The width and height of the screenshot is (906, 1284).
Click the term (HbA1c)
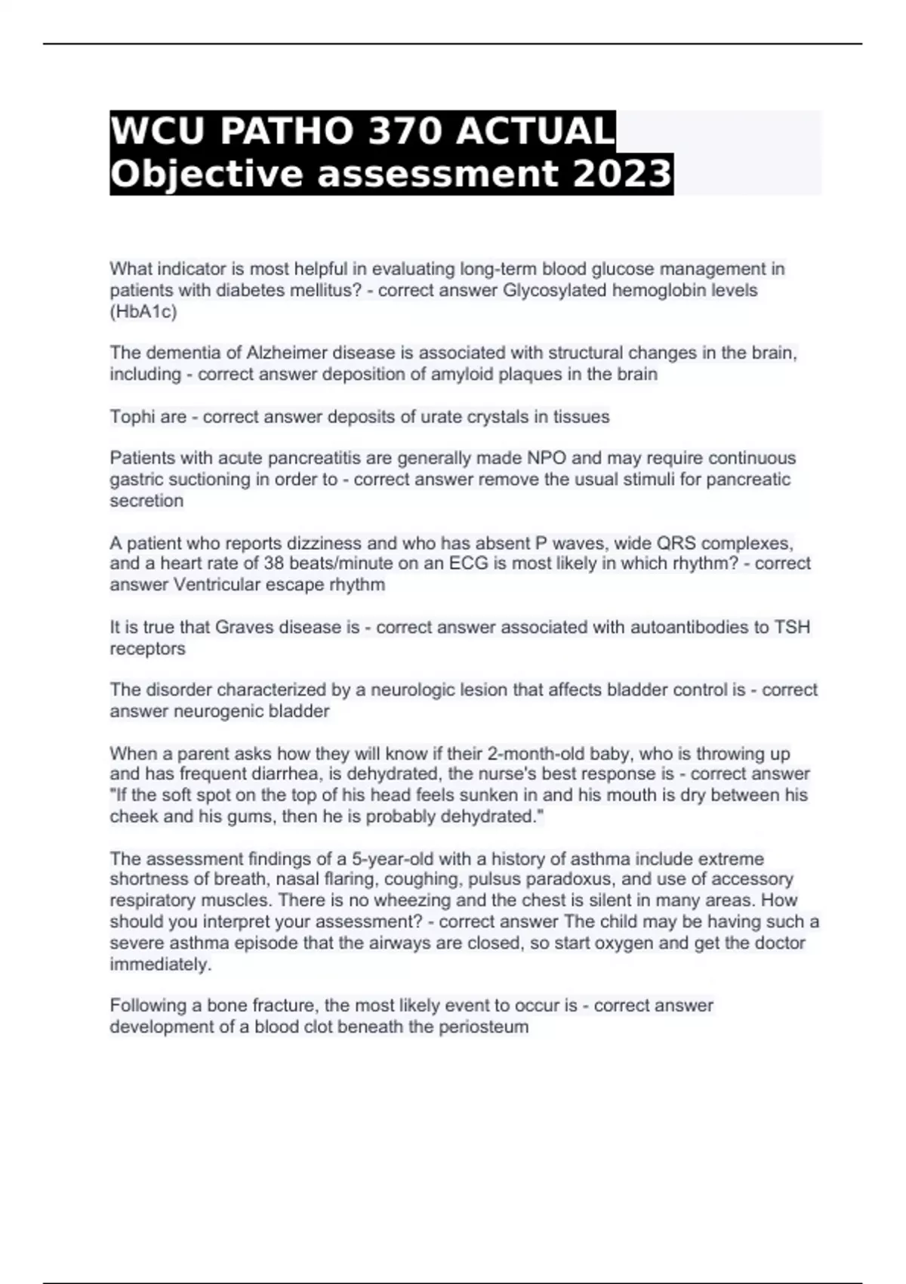pos(143,312)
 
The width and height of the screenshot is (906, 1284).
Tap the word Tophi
pos(132,417)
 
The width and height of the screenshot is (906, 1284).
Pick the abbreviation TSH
pos(792,627)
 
